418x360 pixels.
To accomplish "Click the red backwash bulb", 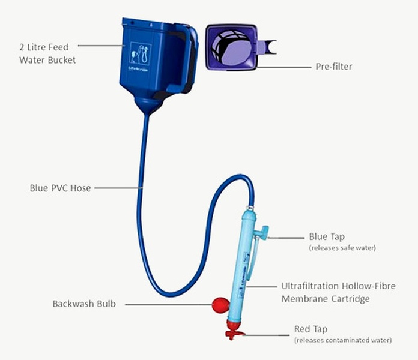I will [220, 305].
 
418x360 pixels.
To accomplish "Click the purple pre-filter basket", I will [231, 46].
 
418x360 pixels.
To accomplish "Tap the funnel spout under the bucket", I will [147, 108].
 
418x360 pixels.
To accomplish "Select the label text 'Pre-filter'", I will [333, 67].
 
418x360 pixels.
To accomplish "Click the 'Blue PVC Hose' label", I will [60, 188].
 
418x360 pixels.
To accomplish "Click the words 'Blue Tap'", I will [326, 236].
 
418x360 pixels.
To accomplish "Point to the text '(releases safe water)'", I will [342, 247].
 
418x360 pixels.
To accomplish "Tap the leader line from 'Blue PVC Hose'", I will [117, 188].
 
